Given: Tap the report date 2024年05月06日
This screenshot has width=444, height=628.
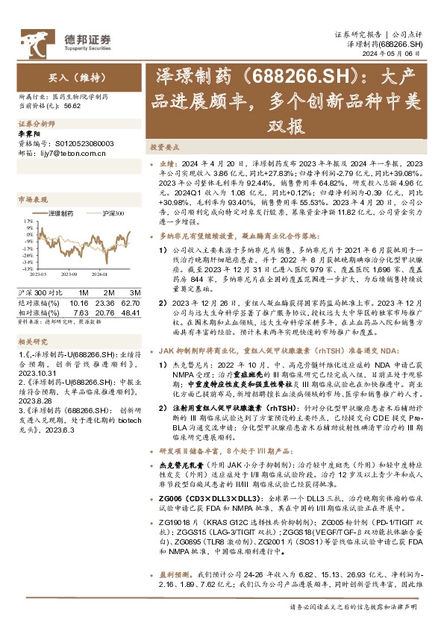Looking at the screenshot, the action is click(402, 54).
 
